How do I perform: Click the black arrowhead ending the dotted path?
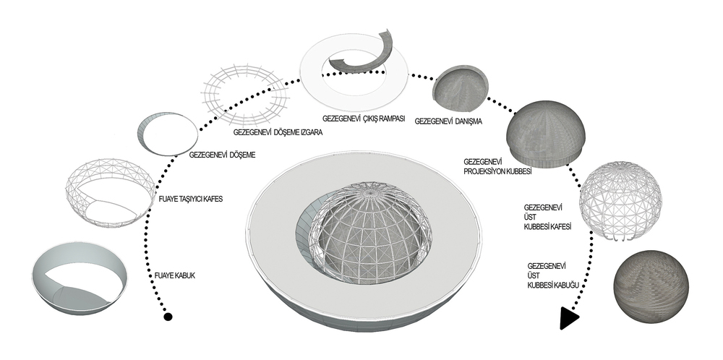pyautogui.click(x=568, y=319)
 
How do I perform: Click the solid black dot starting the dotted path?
pyautogui.click(x=168, y=317)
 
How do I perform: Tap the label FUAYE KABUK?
pyautogui.click(x=175, y=275)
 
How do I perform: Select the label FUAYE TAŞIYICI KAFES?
pyautogui.click(x=190, y=199)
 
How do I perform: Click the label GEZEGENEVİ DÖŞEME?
pyautogui.click(x=222, y=155)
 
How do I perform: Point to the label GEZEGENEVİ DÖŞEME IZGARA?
pyautogui.click(x=278, y=132)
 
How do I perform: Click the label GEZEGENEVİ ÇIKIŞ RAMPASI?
pyautogui.click(x=364, y=119)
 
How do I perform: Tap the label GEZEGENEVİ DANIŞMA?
pyautogui.click(x=449, y=121)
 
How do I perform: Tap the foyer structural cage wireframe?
pyautogui.click(x=110, y=192)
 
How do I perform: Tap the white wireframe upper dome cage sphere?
pyautogui.click(x=620, y=200)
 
